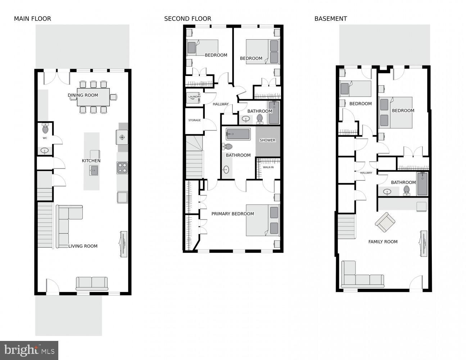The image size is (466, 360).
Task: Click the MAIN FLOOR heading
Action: (x=33, y=19)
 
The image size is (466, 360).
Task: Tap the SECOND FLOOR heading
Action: (x=187, y=19)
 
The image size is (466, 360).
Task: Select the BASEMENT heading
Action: (x=331, y=19)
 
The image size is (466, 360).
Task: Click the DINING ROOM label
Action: (x=83, y=95)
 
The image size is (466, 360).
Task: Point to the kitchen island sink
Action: (x=94, y=171)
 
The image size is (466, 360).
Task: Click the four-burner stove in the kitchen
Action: (x=122, y=168)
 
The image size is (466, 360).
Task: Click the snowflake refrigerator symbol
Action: (x=122, y=137)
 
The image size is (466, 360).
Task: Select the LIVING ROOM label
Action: (x=83, y=246)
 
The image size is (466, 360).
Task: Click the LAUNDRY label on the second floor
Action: (x=195, y=97)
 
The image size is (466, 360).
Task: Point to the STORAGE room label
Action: (x=195, y=120)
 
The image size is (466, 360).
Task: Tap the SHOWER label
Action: (x=267, y=140)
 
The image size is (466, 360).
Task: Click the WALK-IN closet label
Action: (x=268, y=167)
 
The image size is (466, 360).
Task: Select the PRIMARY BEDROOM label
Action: (x=233, y=214)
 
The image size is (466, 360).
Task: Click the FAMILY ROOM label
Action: (x=383, y=242)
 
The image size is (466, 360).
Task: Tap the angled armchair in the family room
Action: (x=385, y=222)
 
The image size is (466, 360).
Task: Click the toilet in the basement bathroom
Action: (x=406, y=190)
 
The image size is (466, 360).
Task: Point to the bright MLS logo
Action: (x=29, y=350)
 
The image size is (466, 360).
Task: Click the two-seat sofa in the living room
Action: (x=92, y=283)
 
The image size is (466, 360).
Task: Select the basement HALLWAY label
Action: (x=366, y=173)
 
